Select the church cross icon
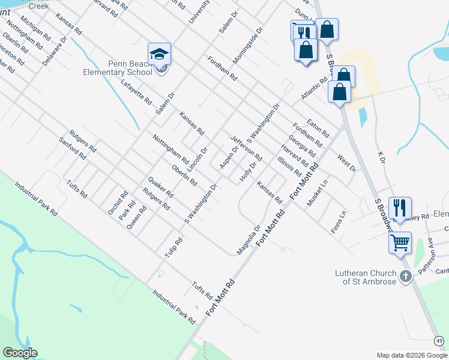pos(405,277)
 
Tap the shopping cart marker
pos(400,243)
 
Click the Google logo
pos(20,353)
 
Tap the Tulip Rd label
pos(173,248)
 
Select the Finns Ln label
pos(339,222)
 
